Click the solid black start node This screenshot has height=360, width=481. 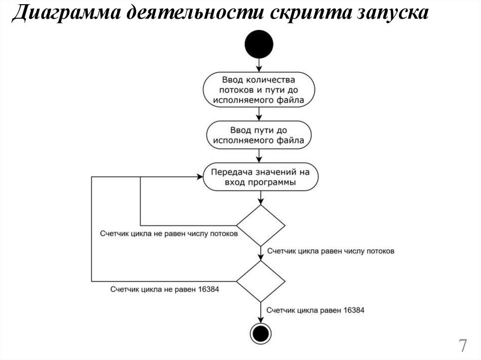pyautogui.click(x=259, y=44)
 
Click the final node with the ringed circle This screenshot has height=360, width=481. pyautogui.click(x=260, y=333)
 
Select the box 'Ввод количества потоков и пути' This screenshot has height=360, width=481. pyautogui.click(x=259, y=89)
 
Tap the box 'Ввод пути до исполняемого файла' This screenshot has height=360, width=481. pyautogui.click(x=259, y=135)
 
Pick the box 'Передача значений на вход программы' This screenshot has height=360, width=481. pyautogui.click(x=259, y=177)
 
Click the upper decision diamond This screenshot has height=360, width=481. pyautogui.click(x=260, y=225)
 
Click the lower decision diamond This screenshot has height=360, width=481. pyautogui.click(x=260, y=282)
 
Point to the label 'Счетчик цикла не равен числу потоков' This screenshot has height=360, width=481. pyautogui.click(x=168, y=233)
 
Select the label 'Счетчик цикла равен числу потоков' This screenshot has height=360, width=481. pyautogui.click(x=331, y=251)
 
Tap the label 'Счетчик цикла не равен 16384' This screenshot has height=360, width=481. pyautogui.click(x=164, y=290)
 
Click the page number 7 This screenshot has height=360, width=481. pyautogui.click(x=463, y=346)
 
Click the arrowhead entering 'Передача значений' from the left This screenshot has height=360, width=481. pyautogui.click(x=199, y=177)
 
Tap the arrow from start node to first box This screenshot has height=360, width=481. pyautogui.click(x=259, y=65)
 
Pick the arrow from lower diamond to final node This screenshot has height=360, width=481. pyautogui.click(x=260, y=312)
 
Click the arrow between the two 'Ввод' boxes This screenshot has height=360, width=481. pyautogui.click(x=259, y=114)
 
